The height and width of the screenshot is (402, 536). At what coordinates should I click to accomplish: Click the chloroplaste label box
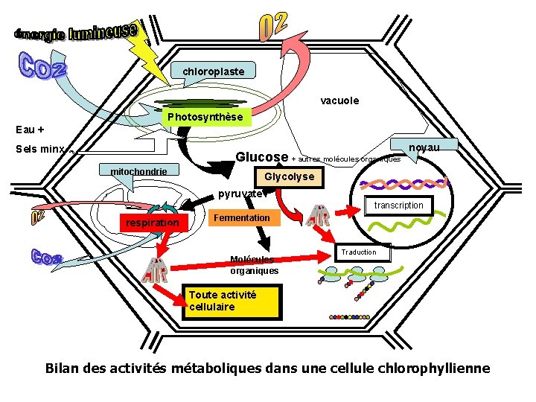(214, 71)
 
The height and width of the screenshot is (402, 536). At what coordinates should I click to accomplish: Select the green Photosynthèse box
(205, 117)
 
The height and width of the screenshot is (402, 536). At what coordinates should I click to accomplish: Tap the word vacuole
(339, 100)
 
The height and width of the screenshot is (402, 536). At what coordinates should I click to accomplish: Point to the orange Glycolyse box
(290, 177)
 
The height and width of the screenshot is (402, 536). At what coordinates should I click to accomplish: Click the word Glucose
(262, 157)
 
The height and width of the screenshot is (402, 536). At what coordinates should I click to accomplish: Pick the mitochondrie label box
(139, 172)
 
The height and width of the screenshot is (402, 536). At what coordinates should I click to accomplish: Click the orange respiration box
(152, 222)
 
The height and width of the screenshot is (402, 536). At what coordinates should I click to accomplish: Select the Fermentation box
(241, 217)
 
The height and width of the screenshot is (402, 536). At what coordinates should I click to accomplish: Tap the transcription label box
(398, 205)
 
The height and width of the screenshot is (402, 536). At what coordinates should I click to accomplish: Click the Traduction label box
(359, 252)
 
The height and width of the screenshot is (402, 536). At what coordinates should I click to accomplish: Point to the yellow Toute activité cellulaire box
(232, 301)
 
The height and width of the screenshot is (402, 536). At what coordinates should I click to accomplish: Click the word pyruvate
(240, 194)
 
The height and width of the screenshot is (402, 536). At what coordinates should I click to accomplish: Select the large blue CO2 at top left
(42, 66)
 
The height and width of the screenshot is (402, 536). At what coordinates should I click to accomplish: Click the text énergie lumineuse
(75, 33)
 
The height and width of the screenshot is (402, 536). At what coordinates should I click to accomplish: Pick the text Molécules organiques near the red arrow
(254, 265)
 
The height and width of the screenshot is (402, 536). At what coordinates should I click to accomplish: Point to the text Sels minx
(40, 149)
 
